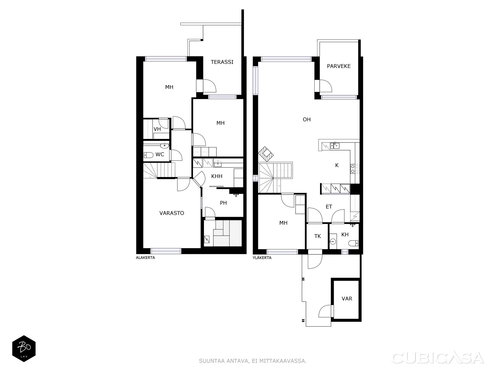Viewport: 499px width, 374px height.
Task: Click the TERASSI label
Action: click(x=222, y=62)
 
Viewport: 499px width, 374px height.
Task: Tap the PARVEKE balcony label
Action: click(x=338, y=66)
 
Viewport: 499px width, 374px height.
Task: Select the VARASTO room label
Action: click(x=172, y=213)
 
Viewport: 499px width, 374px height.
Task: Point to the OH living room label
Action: click(x=307, y=119)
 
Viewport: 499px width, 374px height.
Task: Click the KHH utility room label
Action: click(x=216, y=176)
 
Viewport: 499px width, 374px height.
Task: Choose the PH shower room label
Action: click(x=223, y=203)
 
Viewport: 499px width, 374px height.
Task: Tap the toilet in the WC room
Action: click(x=149, y=155)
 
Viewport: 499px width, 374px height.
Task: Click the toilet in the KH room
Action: click(x=353, y=243)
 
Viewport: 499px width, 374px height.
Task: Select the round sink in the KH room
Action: click(x=333, y=242)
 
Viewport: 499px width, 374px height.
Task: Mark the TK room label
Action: click(x=317, y=236)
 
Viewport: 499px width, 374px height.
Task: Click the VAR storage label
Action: click(x=347, y=299)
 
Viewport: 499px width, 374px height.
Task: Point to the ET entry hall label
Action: click(x=329, y=207)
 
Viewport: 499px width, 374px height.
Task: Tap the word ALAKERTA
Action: click(x=145, y=258)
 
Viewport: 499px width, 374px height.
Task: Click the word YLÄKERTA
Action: click(x=262, y=258)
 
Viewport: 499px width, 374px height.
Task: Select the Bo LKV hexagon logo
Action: click(x=24, y=348)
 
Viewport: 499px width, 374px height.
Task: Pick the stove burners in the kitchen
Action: click(x=355, y=169)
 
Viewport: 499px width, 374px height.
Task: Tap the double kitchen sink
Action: click(x=335, y=145)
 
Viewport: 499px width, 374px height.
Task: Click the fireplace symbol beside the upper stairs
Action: click(x=265, y=154)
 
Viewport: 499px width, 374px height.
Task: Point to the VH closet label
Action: click(x=157, y=129)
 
